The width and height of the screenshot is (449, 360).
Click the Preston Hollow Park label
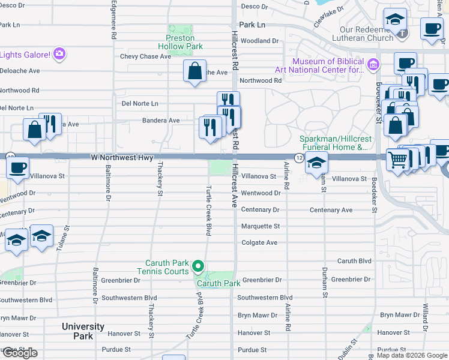point(180,41)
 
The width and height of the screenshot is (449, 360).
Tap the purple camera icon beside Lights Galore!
point(59,54)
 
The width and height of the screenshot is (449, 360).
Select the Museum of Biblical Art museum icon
point(373,64)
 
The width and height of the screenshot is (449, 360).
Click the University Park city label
point(83,331)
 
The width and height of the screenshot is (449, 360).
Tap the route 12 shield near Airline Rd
point(298,157)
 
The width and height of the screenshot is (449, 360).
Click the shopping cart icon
point(397,160)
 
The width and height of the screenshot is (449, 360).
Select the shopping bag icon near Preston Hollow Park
point(195,71)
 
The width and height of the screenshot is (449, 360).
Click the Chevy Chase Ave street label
point(145,56)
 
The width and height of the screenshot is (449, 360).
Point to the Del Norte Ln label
point(140,103)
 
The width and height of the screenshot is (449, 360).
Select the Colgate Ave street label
point(259,242)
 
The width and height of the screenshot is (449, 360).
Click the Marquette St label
point(261,226)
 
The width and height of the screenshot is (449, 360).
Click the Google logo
point(20,353)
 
